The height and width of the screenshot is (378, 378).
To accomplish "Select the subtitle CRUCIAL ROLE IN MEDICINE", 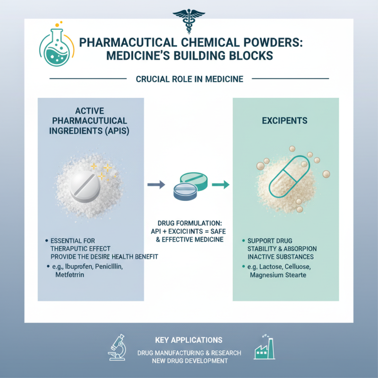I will pos(189,79).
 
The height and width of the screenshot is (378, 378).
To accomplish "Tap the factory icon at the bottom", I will pos(265,348).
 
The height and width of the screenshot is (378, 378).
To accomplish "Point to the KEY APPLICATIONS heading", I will pos(189,340).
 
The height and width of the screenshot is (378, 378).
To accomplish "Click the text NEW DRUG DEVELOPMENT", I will pos(189,361).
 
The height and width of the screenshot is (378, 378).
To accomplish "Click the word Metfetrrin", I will pos(69,275).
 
